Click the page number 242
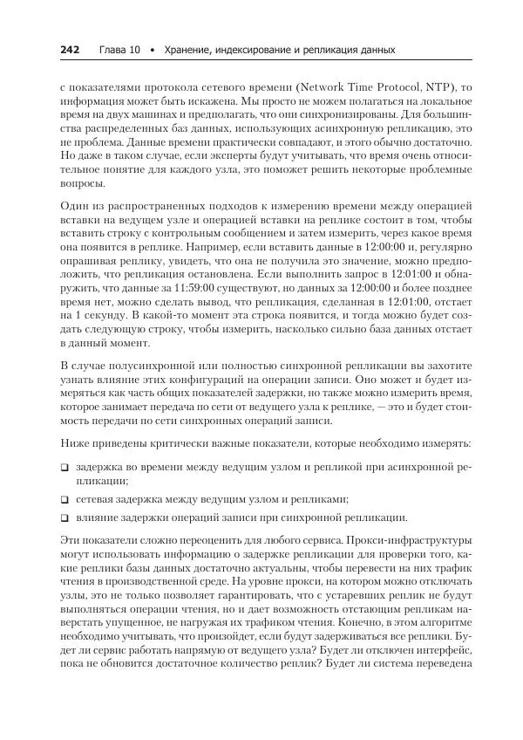click(x=70, y=50)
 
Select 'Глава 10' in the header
click(x=119, y=50)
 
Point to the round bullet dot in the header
click(x=153, y=51)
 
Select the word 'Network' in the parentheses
click(x=323, y=88)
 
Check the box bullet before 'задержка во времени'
click(x=65, y=469)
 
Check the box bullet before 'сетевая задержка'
click(x=65, y=500)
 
